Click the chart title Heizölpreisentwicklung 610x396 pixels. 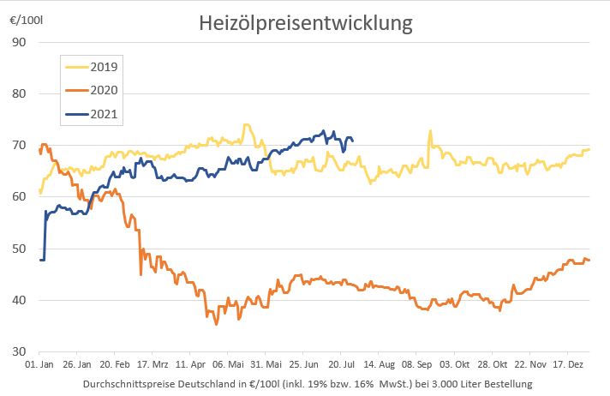coord(306,25)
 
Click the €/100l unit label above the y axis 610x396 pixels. coord(21,19)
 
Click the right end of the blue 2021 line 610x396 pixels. coord(353,140)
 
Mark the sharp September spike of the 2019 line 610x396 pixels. coord(430,131)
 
